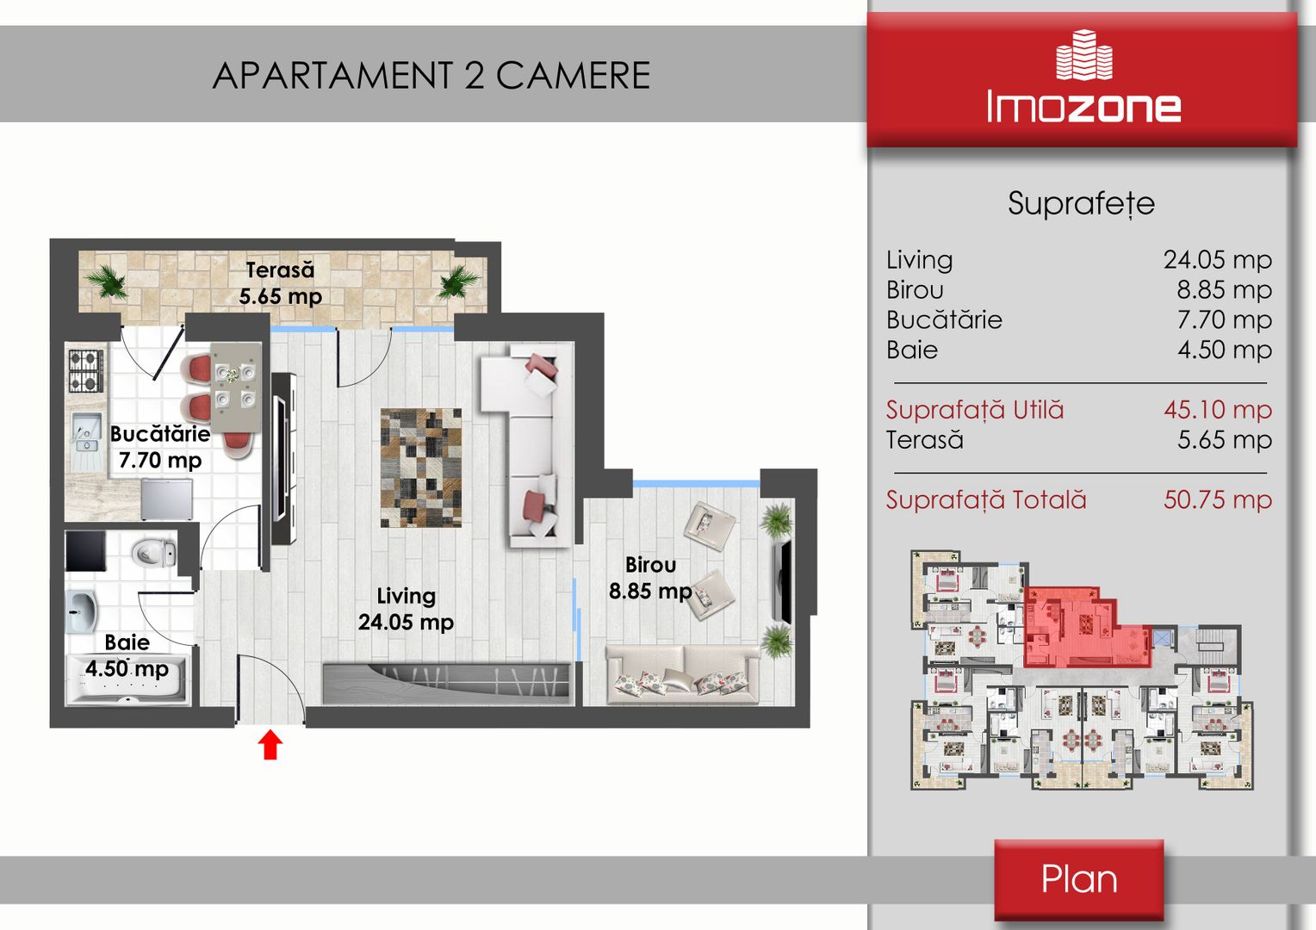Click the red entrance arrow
tap(270, 744)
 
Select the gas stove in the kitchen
tap(86, 370)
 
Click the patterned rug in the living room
tap(420, 468)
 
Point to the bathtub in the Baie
tap(127, 679)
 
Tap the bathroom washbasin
tap(80, 612)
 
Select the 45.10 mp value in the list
tap(1217, 410)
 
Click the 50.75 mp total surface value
tap(1217, 499)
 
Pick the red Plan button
tap(1078, 879)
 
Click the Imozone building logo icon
tap(1084, 54)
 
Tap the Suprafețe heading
tap(1082, 204)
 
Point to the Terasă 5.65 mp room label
tap(280, 282)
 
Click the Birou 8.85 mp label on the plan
tap(650, 578)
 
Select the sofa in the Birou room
tap(683, 674)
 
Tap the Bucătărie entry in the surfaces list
tap(944, 319)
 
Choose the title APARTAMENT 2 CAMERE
tap(431, 75)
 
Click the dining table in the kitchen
tap(236, 387)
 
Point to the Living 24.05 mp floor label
tap(406, 609)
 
